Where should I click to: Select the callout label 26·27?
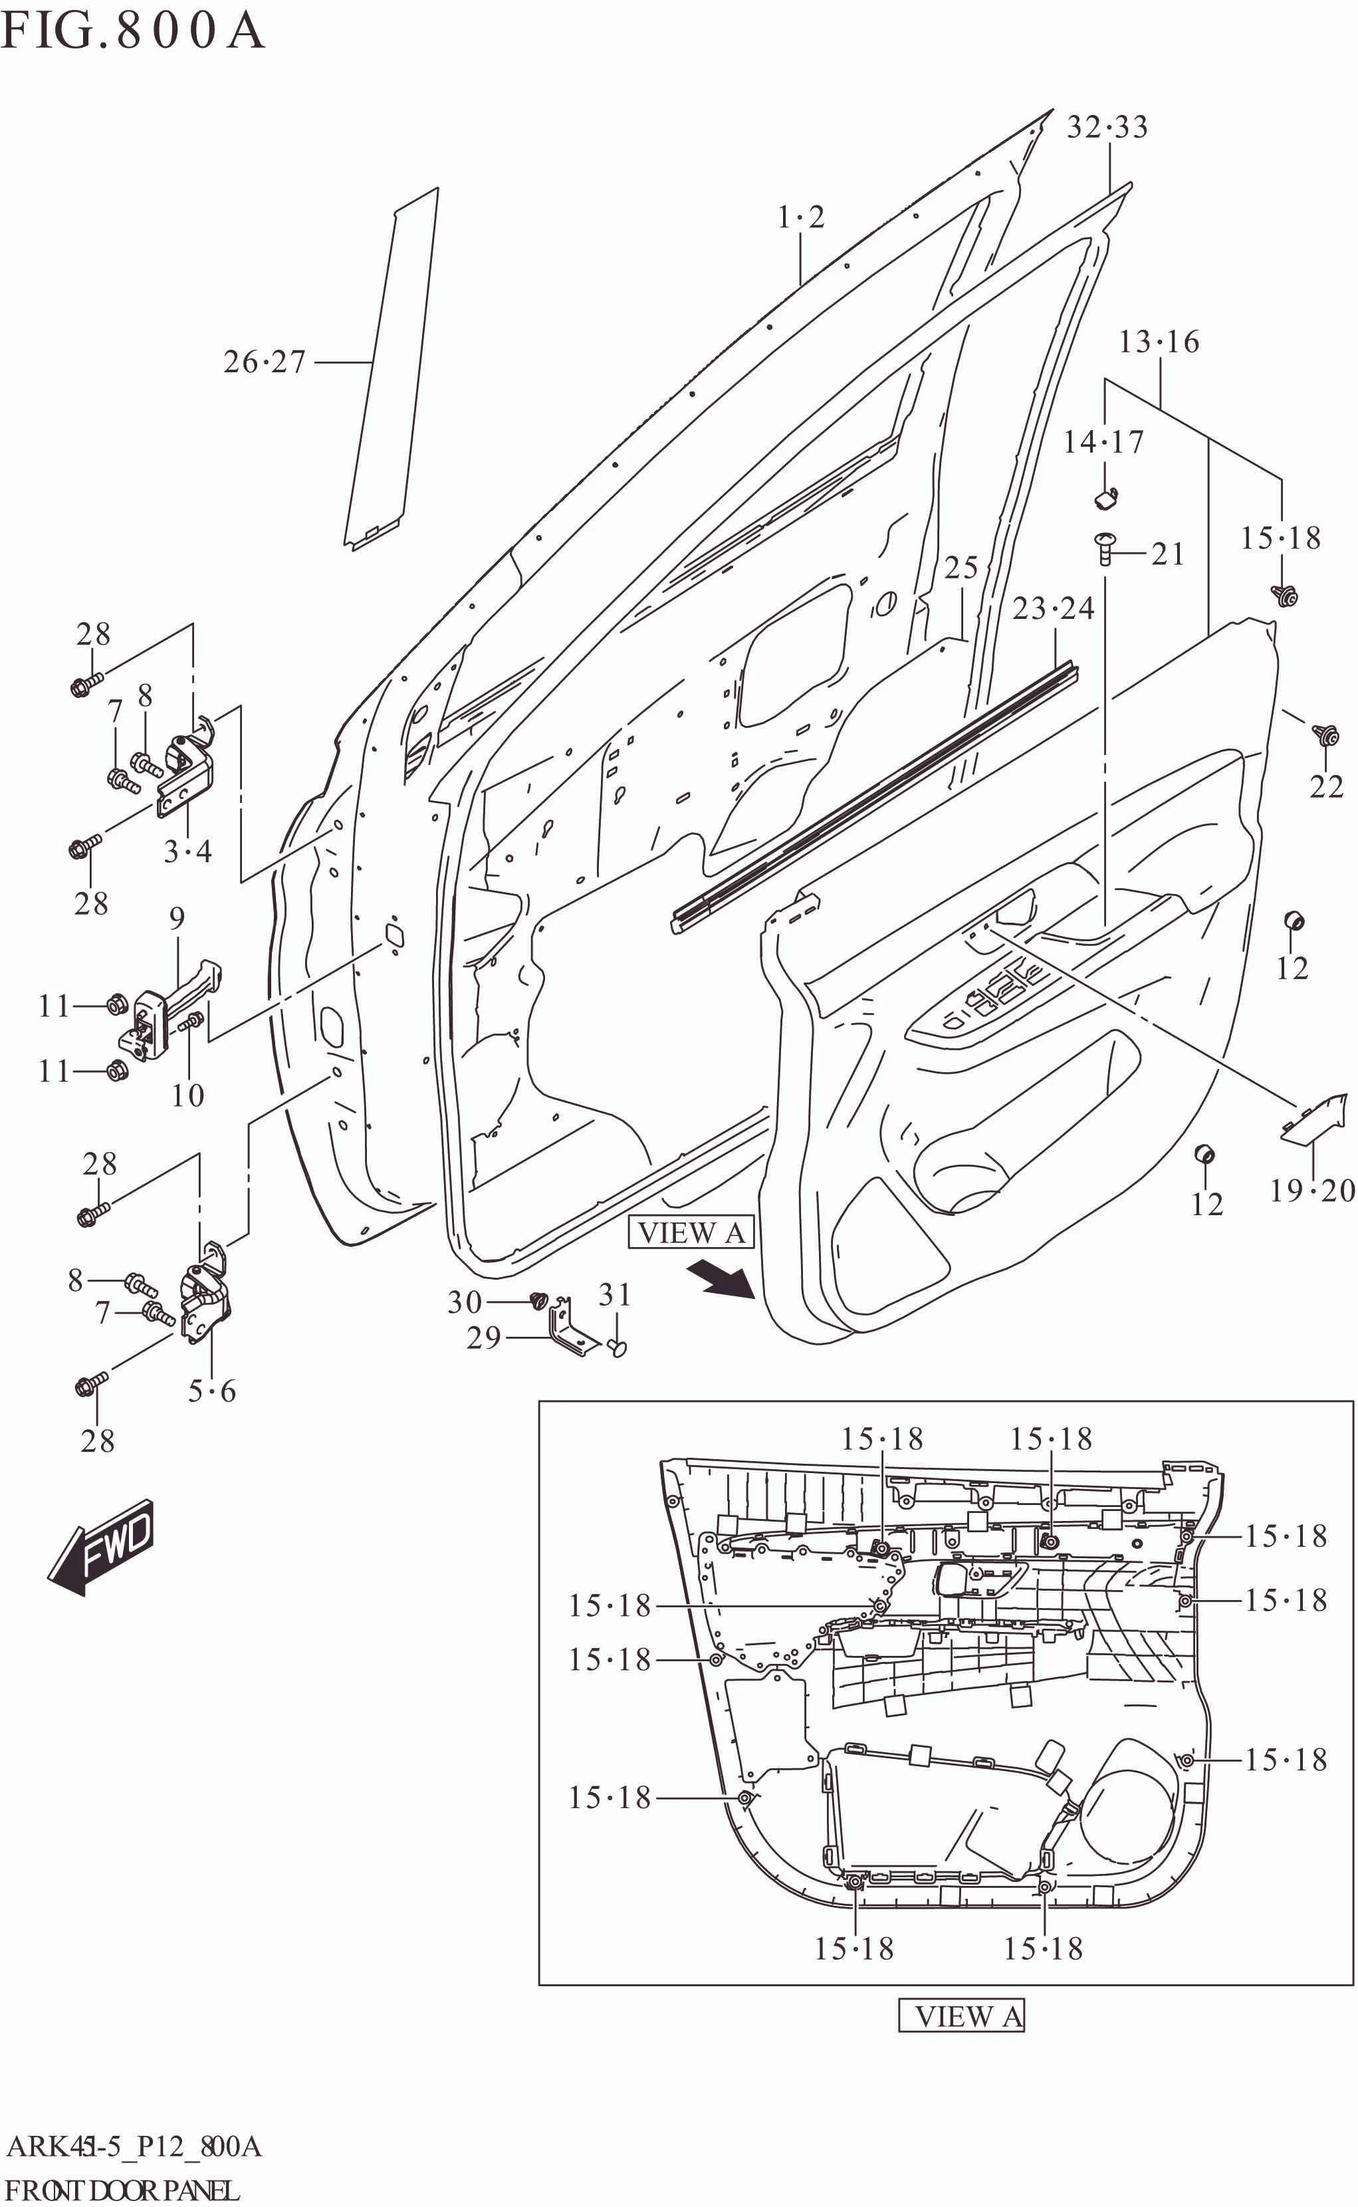coord(265,362)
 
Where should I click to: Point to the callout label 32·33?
coord(1107,128)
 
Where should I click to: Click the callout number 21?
coord(1169,554)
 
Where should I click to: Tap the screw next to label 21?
coord(1105,547)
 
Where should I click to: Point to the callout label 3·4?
coord(187,851)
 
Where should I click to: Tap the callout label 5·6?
coord(212,1391)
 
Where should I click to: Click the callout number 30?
coord(465,1302)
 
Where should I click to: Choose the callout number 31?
coord(614,1294)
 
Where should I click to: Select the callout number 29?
coord(483,1338)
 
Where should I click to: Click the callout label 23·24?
coord(1054,609)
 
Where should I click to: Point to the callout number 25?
coord(961,568)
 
